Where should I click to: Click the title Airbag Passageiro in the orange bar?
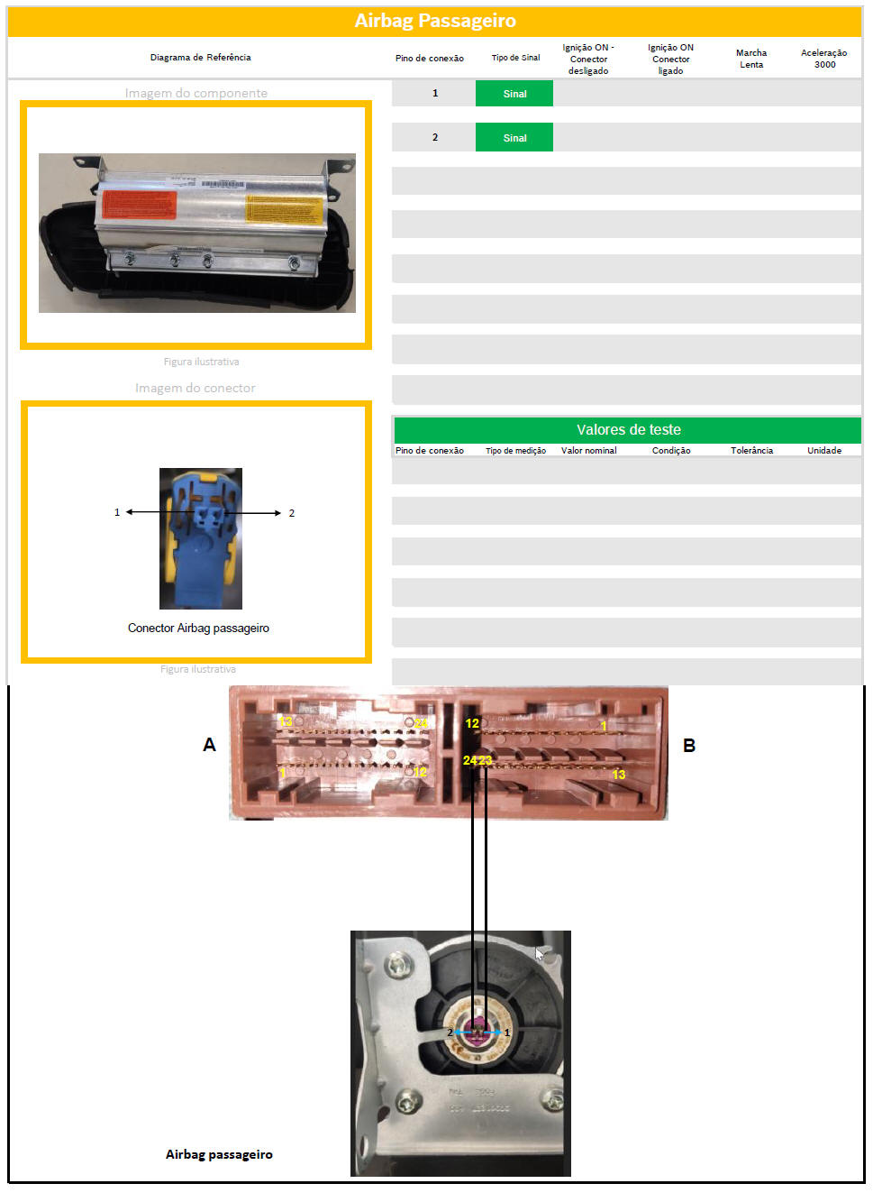435,21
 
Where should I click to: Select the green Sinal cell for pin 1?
514,94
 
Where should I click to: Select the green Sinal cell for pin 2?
514,138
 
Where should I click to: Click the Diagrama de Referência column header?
200,58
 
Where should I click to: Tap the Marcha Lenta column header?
751,59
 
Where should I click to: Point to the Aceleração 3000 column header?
824,59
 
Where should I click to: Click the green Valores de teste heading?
628,430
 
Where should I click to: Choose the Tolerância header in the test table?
751,451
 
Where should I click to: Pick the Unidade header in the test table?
824,451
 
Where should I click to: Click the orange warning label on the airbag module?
139,204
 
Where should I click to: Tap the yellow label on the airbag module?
284,208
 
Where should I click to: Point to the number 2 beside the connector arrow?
291,514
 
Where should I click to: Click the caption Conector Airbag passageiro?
198,629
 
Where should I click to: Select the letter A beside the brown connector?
209,745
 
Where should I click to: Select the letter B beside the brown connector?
689,746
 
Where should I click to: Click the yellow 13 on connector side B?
619,775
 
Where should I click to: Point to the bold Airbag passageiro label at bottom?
219,1154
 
